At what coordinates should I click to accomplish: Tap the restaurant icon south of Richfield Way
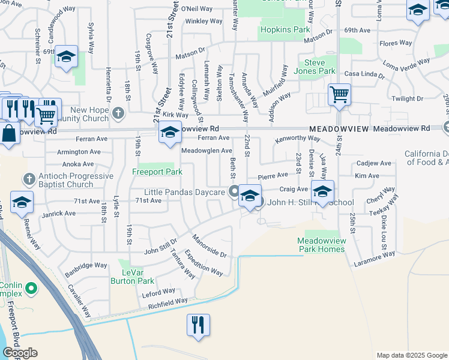[197, 325]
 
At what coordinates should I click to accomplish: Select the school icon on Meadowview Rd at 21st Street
[170, 131]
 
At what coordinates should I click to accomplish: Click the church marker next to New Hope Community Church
[118, 112]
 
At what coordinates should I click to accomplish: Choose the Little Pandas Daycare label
[193, 192]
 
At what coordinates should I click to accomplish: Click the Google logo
[20, 353]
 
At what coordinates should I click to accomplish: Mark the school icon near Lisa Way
[322, 191]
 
